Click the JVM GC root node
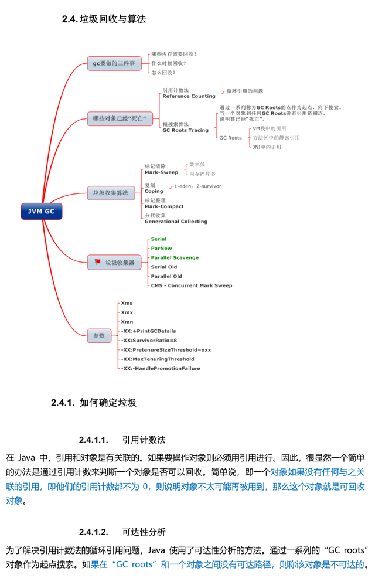coord(41,211)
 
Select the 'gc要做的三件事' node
coord(114,63)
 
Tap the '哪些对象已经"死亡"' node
coord(119,118)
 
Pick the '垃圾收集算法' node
coord(111,192)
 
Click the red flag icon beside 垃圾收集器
coord(97,262)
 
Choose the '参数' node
coord(99,335)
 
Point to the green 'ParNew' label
coord(161,248)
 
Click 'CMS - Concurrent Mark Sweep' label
coord(191,285)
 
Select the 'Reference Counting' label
coord(189,96)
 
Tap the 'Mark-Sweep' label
coord(161,172)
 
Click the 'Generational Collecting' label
coord(176,222)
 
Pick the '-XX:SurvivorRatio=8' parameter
coord(149,340)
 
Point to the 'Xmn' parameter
coord(127,322)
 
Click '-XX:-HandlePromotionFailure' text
coord(161,368)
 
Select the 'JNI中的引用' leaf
coord(266,147)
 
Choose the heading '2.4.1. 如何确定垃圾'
coord(94,403)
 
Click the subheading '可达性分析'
coord(144,532)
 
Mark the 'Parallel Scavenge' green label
coord(175,257)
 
